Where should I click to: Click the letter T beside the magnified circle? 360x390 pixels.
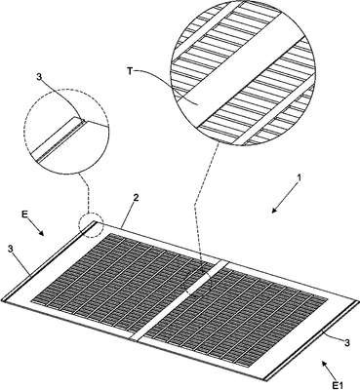pos(130,71)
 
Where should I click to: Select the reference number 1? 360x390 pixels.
pos(300,178)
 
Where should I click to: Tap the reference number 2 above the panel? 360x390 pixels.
pos(137,198)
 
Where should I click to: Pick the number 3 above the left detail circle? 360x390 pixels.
pos(39,77)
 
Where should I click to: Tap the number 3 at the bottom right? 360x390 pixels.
pos(347,342)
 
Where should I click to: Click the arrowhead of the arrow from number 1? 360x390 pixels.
pos(274,210)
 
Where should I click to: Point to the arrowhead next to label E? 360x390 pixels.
pos(41,232)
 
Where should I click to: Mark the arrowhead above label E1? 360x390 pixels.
pos(324,364)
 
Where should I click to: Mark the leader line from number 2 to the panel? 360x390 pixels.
pos(128,214)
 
